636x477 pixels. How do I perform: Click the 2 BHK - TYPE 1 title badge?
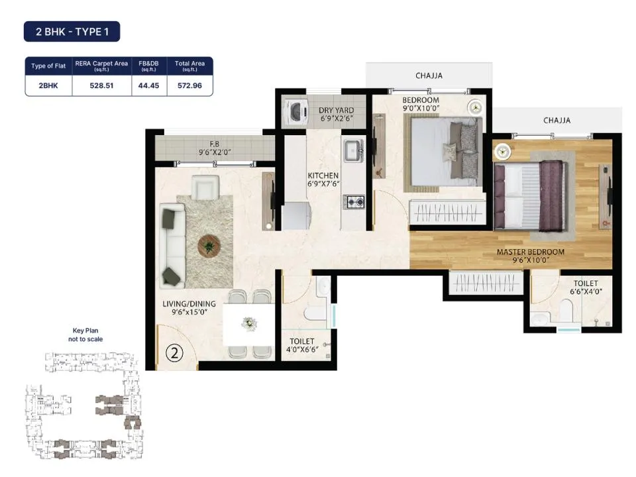72,32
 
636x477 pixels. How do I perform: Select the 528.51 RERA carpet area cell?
101,85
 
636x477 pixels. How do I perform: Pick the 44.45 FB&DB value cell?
149,85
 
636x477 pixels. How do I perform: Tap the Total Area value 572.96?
190,85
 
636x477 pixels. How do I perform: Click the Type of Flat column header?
48,66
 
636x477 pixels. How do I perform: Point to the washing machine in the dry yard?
295,111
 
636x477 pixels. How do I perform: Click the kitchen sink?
353,150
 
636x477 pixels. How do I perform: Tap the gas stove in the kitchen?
354,201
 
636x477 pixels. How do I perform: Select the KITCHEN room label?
323,175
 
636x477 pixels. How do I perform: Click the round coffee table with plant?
209,246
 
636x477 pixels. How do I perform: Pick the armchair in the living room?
205,187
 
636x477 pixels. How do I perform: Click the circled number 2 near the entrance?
174,353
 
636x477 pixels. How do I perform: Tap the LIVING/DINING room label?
189,304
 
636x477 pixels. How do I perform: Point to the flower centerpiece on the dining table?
248,324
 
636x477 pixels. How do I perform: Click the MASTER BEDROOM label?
531,252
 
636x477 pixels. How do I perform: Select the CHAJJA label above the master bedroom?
556,121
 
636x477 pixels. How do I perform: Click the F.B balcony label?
215,144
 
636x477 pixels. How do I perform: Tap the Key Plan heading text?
85,331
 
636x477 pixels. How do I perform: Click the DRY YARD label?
337,111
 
